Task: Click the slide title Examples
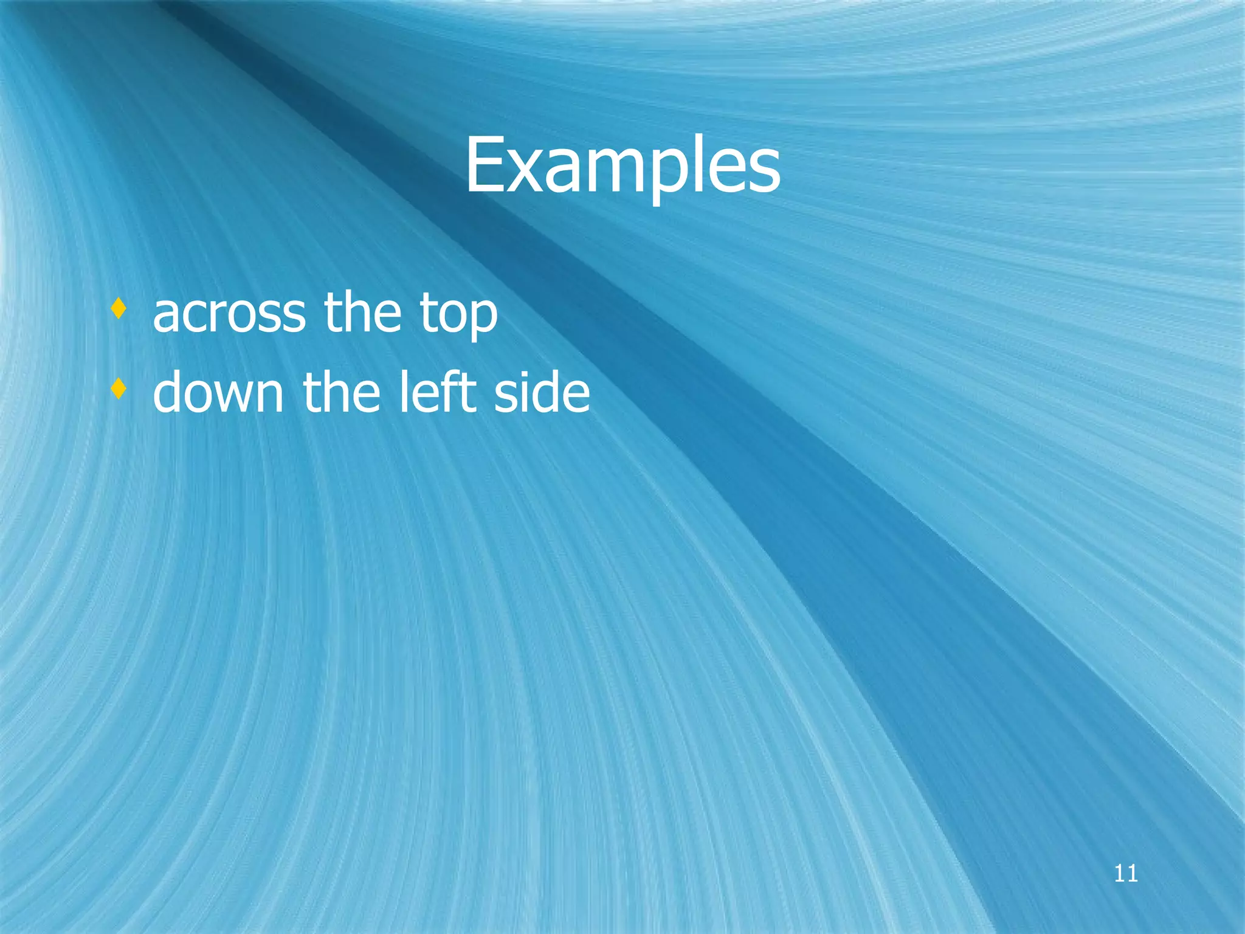click(x=622, y=165)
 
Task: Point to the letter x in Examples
click(x=527, y=173)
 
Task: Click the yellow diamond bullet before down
click(x=119, y=389)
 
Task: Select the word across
click(x=229, y=313)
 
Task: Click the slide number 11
click(x=1126, y=874)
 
